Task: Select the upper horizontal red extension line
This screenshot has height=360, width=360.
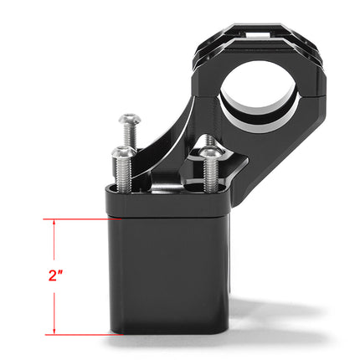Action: click(80, 219)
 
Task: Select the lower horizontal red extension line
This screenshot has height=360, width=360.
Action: click(80, 334)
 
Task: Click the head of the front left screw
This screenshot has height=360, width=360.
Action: click(123, 153)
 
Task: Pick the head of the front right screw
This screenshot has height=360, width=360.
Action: click(208, 153)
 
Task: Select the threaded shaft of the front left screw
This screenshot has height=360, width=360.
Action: click(123, 172)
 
